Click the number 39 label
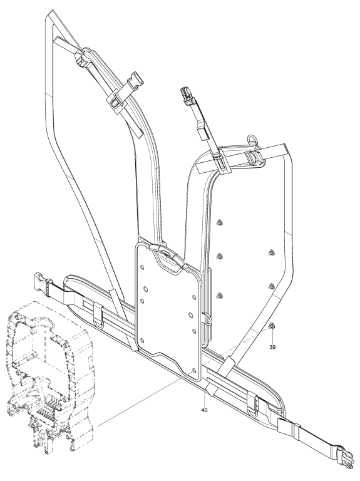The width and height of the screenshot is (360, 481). click(272, 347)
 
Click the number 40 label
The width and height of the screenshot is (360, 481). click(205, 410)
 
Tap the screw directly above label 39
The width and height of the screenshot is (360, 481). click(271, 326)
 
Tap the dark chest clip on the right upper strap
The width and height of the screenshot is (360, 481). click(187, 93)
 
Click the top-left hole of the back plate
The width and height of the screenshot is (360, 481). click(142, 267)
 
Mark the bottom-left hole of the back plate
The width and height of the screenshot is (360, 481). click(142, 340)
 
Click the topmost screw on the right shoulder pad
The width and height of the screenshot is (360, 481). click(219, 222)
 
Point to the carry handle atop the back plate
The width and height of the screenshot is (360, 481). click(167, 256)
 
